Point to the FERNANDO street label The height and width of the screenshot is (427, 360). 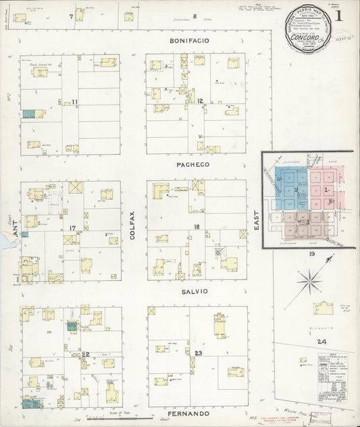point(188,413)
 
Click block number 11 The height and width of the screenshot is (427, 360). point(76,102)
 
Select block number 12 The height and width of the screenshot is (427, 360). point(200,101)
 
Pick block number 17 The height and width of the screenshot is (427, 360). point(72,228)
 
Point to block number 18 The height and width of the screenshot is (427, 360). point(197,228)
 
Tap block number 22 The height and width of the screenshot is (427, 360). point(86,354)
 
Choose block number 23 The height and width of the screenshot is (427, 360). point(199,353)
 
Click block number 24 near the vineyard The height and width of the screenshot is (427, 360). point(323,341)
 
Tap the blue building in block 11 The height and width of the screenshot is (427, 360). point(28,114)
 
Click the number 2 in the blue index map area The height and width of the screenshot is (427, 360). point(295,191)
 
